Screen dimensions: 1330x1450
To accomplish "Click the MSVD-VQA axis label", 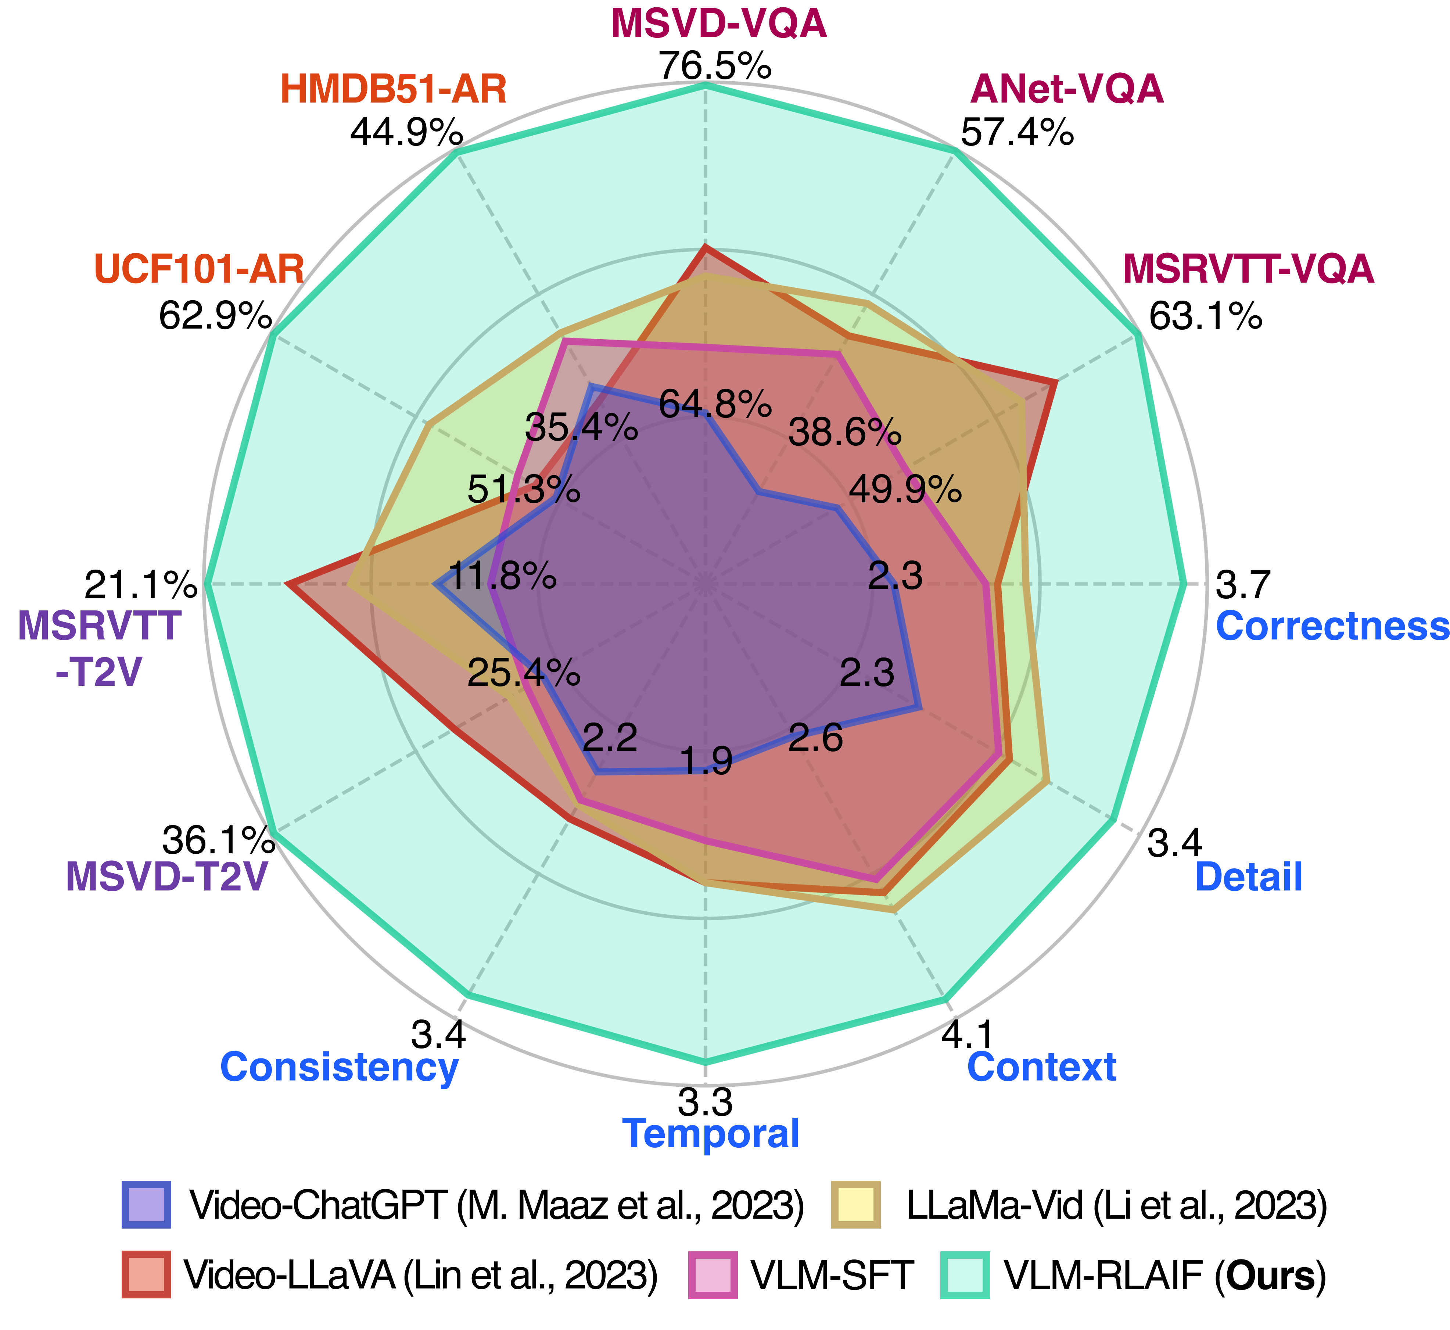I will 718,24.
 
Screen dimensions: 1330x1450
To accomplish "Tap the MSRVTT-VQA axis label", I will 1248,269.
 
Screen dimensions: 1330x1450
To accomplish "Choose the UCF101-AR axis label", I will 199,269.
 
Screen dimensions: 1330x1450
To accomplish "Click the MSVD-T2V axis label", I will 167,876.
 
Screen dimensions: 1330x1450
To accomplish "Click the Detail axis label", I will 1249,876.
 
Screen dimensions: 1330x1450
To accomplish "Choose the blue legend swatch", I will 147,1204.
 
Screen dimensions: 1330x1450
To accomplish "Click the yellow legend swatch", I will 855,1204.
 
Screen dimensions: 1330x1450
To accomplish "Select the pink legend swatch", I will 713,1275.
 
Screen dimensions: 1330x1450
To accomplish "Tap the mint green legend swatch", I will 965,1275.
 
